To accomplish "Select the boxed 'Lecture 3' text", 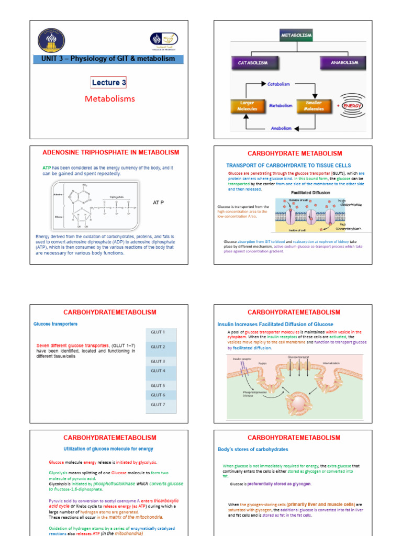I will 108,83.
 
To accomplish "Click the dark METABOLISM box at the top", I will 296,36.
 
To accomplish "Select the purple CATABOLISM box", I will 253,63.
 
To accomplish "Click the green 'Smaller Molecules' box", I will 314,106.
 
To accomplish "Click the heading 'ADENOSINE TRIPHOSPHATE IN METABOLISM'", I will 110,153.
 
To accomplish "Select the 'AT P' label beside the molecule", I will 158,202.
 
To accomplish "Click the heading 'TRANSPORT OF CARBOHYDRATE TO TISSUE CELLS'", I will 296,165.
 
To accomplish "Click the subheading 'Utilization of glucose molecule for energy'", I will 108,449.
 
